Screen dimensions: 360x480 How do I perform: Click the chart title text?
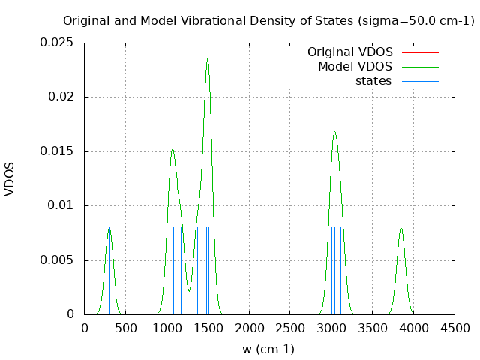pyautogui.click(x=268, y=21)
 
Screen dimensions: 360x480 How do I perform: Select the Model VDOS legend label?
pyautogui.click(x=355, y=67)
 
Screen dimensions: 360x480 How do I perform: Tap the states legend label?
pyautogui.click(x=373, y=81)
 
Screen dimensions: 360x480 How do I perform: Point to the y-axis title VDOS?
pyautogui.click(x=10, y=178)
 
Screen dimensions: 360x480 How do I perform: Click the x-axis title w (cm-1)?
pyautogui.click(x=268, y=349)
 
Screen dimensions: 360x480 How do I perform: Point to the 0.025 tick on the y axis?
pyautogui.click(x=57, y=43)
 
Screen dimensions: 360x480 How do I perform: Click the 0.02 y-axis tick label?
pyautogui.click(x=61, y=97)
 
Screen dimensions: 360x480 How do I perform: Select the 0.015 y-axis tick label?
pyautogui.click(x=57, y=151)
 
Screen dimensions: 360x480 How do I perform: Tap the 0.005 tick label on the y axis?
pyautogui.click(x=57, y=260)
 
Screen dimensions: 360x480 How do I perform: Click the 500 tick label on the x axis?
pyautogui.click(x=125, y=328)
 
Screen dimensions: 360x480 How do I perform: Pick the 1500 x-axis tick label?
pyautogui.click(x=208, y=328)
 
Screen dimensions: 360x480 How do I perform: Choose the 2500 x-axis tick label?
pyautogui.click(x=290, y=328)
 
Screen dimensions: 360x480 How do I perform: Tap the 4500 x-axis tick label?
pyautogui.click(x=455, y=328)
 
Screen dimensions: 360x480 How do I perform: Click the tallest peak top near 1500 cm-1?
pyautogui.click(x=207, y=58)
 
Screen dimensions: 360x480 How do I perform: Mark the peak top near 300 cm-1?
pyautogui.click(x=109, y=228)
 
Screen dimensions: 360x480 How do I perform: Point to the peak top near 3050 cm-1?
pyautogui.click(x=334, y=133)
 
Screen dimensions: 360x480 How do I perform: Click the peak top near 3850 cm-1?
pyautogui.click(x=401, y=228)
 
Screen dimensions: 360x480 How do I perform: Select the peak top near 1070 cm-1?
pyautogui.click(x=172, y=149)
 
